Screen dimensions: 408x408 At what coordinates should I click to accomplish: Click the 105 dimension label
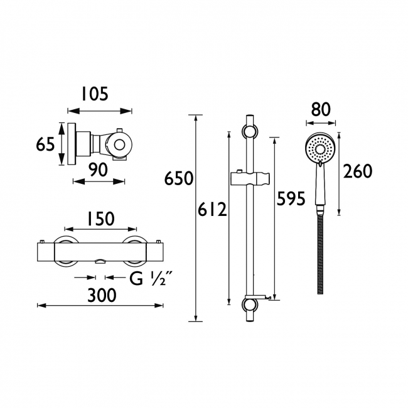[95, 94]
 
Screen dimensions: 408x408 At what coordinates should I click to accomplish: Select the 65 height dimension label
[45, 144]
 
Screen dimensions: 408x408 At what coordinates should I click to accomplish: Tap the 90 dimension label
[97, 169]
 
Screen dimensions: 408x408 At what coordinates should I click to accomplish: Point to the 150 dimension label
[101, 218]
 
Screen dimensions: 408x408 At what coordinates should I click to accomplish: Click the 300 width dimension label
[102, 296]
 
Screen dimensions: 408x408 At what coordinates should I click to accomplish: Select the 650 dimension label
[179, 178]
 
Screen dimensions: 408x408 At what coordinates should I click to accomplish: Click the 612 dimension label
[212, 210]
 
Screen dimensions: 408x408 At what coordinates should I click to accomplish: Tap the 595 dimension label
[291, 198]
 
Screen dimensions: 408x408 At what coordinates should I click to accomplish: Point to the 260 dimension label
[358, 171]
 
